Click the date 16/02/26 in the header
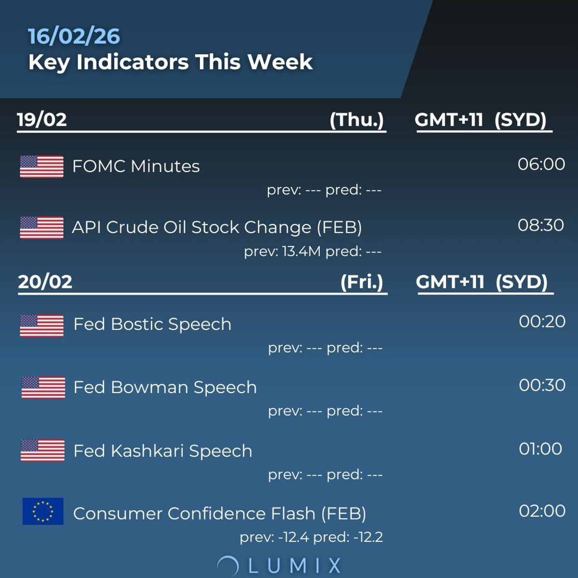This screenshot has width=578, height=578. (x=74, y=37)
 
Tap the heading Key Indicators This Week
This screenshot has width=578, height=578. (x=171, y=62)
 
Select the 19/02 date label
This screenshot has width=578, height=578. (x=42, y=119)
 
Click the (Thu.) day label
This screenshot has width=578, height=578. (x=356, y=119)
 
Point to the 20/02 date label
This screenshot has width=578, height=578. (x=45, y=282)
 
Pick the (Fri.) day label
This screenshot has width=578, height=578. (x=362, y=282)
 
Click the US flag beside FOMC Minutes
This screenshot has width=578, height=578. (x=41, y=167)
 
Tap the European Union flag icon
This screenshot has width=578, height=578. (x=43, y=511)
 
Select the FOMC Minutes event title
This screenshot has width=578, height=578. (x=136, y=166)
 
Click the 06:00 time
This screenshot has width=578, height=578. (x=541, y=164)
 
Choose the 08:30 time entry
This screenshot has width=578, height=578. (x=541, y=225)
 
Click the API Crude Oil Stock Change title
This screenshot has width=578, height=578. (x=217, y=227)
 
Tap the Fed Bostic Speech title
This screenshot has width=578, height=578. (x=152, y=324)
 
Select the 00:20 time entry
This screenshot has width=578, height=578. (x=542, y=322)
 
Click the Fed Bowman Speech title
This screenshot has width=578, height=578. (x=165, y=387)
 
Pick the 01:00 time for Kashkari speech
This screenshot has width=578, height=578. (x=540, y=449)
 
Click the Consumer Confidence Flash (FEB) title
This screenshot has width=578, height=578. (x=220, y=513)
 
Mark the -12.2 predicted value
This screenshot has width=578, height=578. (x=368, y=537)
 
